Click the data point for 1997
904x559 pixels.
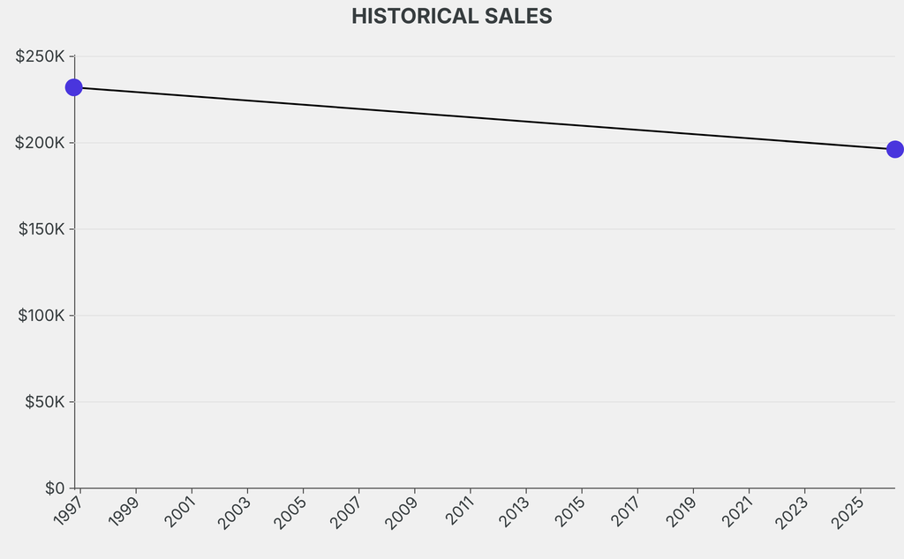coord(74,87)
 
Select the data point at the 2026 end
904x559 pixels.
coord(894,149)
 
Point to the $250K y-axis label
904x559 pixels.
coord(41,56)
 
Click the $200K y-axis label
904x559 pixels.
coord(41,143)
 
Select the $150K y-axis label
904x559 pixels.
coord(41,229)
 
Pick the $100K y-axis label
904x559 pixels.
coord(41,316)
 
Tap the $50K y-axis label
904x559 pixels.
coord(44,402)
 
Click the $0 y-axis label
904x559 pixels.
coord(55,488)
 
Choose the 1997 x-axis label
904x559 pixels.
coord(69,512)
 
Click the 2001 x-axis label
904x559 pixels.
coord(180,512)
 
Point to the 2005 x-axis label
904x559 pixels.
coord(291,512)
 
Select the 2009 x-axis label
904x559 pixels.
coord(403,512)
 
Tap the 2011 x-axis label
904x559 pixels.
coord(458,512)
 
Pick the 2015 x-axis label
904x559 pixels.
coord(569,512)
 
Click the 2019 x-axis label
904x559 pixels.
coord(681,512)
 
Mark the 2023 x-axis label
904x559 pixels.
coord(792,512)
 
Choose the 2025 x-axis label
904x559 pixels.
coord(847,512)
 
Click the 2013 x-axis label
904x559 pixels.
coord(514,512)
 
